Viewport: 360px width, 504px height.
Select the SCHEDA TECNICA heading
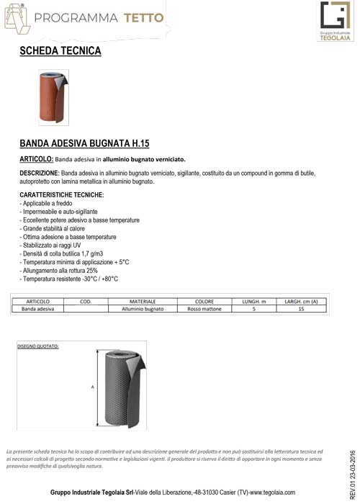pyautogui.click(x=60, y=52)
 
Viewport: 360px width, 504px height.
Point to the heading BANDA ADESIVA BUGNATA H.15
pyautogui.click(x=84, y=143)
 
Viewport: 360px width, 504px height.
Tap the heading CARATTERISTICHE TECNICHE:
pyautogui.click(x=62, y=195)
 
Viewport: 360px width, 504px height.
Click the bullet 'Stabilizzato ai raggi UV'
pyautogui.click(x=51, y=245)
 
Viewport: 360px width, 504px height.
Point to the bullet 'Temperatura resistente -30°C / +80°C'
pyautogui.click(x=69, y=279)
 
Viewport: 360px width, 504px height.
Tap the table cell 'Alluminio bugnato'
pyautogui.click(x=143, y=309)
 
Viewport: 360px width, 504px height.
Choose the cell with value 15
pyautogui.click(x=301, y=309)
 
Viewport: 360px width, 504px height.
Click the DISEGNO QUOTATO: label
pyautogui.click(x=38, y=346)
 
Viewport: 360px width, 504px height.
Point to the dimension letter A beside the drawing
pyautogui.click(x=92, y=387)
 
